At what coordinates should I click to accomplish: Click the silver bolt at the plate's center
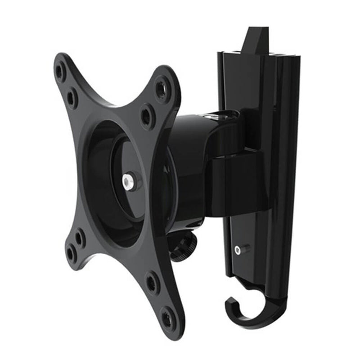[x=127, y=181]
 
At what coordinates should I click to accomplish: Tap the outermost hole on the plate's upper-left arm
[x=60, y=71]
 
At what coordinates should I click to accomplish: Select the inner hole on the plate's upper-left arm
[x=72, y=98]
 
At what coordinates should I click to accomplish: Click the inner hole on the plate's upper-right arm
[x=147, y=116]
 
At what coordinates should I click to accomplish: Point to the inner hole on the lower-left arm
[x=79, y=237]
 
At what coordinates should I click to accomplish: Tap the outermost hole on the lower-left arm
[x=71, y=253]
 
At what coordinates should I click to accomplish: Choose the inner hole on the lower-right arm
[x=152, y=282]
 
